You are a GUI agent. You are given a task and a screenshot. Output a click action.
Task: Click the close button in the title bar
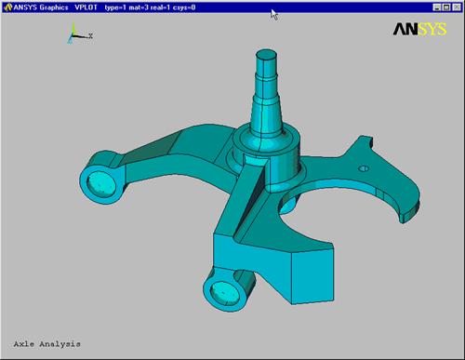(x=457, y=7)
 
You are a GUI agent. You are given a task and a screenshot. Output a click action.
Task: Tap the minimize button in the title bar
(x=436, y=7)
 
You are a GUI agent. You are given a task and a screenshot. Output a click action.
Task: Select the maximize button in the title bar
(x=446, y=7)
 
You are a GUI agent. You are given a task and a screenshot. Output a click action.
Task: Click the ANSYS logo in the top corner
(x=419, y=30)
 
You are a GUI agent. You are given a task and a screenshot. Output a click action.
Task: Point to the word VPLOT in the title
(x=86, y=7)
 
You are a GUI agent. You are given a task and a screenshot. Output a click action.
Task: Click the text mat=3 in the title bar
(x=139, y=7)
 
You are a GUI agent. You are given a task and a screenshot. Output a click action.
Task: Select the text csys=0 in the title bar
(x=184, y=7)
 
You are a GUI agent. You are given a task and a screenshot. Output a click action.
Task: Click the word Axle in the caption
(x=24, y=344)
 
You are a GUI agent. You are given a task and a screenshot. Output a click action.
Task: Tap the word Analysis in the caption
(x=60, y=344)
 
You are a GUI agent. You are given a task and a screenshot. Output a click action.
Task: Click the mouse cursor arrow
(x=273, y=15)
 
